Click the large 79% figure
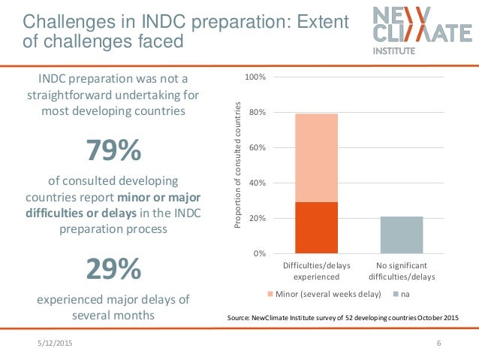(x=113, y=151)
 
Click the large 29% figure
(x=113, y=268)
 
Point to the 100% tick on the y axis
(x=258, y=77)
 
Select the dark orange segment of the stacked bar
(x=316, y=228)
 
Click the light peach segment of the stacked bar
(x=316, y=158)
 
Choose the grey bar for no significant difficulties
(x=402, y=234)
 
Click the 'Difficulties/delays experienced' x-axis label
(x=316, y=271)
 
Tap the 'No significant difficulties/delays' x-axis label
(x=402, y=271)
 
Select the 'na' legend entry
(x=399, y=293)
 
